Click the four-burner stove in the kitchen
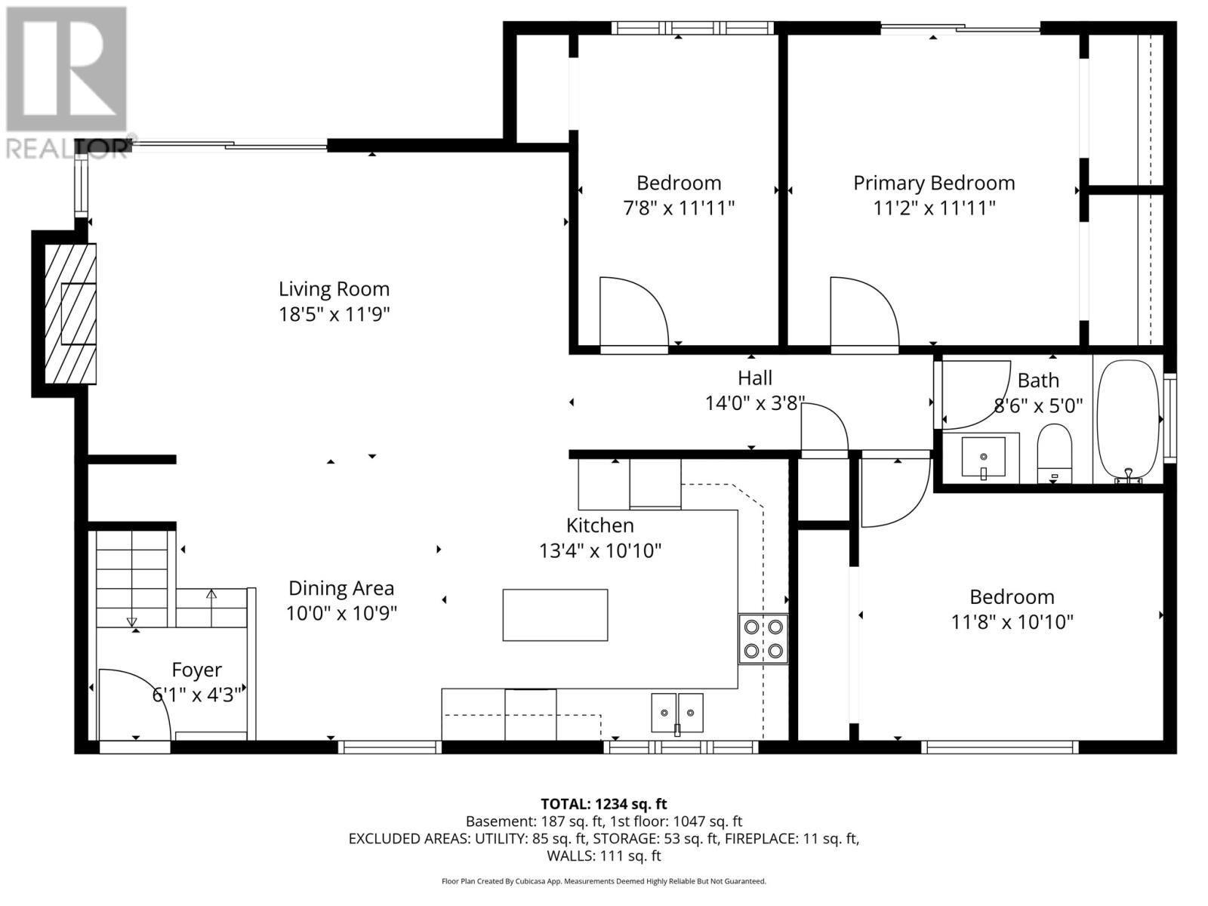763,639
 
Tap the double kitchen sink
677,713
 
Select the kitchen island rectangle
555,615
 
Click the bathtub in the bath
1128,420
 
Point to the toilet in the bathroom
1055,454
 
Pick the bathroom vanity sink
984,457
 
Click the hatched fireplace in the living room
70,313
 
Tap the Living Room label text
334,289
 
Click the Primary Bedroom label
934,183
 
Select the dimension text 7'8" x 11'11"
678,208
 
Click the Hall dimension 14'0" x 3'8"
755,403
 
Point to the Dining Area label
341,588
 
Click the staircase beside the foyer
132,578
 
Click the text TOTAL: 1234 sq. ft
604,804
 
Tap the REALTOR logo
66,83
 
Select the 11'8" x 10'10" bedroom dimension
1012,622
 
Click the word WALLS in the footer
571,856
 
